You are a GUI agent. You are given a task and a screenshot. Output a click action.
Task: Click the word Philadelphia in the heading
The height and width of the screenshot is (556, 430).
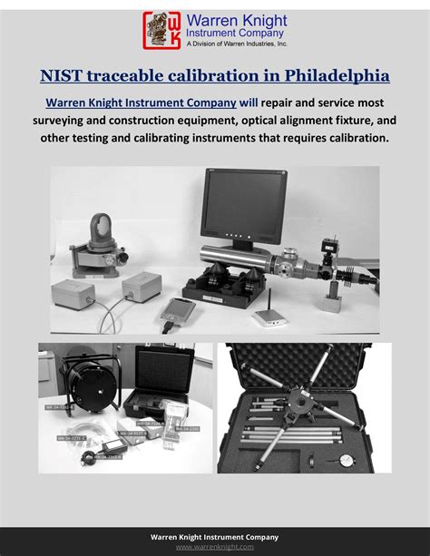pos(335,74)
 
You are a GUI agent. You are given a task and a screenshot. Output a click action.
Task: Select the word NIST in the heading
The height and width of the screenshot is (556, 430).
pos(63,74)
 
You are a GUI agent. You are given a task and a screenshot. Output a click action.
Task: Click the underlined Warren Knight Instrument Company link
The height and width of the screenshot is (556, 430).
pos(142,102)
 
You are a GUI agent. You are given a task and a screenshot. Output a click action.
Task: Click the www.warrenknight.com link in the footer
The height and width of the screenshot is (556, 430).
pos(215,547)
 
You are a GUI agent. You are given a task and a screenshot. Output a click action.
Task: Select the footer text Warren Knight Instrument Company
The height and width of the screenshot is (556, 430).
pos(215,537)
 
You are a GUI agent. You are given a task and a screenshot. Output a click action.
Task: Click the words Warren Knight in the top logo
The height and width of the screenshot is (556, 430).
pos(236,19)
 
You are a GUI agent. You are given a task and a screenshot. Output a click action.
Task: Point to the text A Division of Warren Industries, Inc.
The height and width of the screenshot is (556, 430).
pos(236,43)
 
